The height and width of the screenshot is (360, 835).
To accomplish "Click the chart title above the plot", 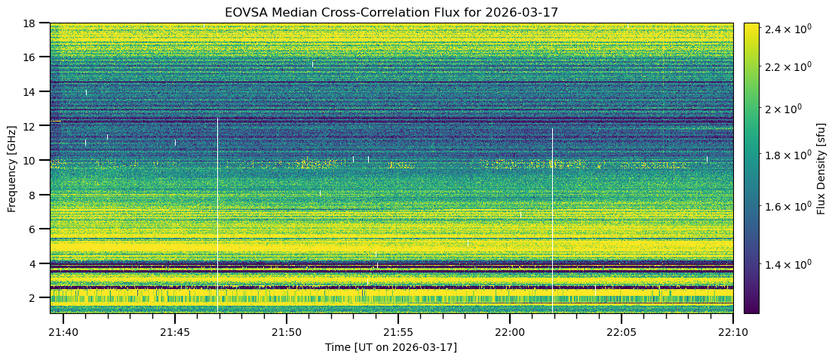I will [x=391, y=12].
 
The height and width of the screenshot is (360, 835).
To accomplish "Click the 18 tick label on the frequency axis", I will [x=34, y=23].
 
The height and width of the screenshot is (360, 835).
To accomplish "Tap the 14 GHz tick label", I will [x=34, y=91].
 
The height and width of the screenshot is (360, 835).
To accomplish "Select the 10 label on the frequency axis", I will [x=34, y=160].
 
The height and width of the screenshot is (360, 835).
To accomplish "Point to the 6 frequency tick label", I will [x=37, y=229].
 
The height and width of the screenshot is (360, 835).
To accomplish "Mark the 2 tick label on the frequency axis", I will [x=37, y=298].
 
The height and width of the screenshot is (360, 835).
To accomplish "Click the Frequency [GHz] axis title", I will [x=12, y=168].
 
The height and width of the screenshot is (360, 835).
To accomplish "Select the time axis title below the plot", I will [x=391, y=347].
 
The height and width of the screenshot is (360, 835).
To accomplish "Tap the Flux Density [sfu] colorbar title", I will [x=821, y=168].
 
